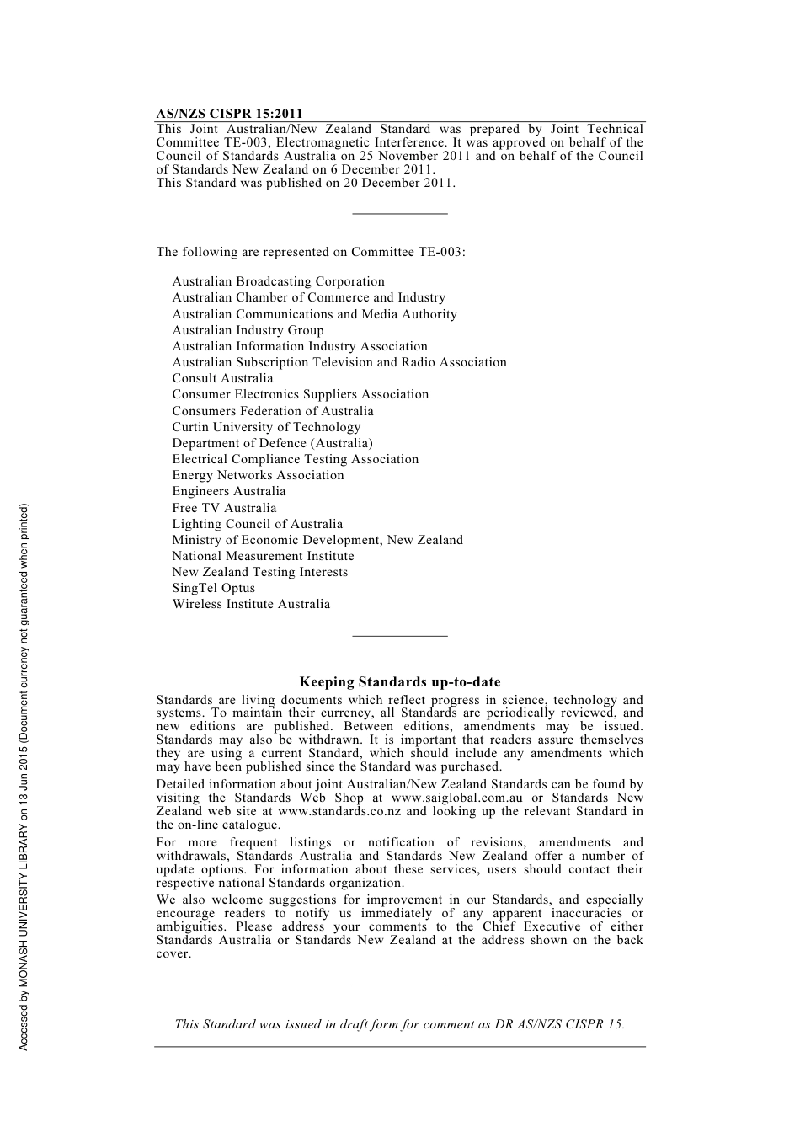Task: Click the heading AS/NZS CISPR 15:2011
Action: tap(229, 114)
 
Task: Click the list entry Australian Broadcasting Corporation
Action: tap(278, 281)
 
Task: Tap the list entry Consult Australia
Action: tap(222, 378)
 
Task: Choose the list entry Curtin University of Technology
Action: tap(266, 427)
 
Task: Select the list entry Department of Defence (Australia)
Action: tap(272, 443)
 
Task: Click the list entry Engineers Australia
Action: tap(229, 491)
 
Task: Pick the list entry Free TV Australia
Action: tap(224, 508)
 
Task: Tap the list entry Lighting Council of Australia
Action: tap(257, 524)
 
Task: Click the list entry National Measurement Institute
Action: tap(263, 556)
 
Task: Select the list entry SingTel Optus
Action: tap(213, 588)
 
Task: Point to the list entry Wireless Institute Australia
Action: tap(251, 604)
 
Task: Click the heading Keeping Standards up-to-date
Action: tap(400, 682)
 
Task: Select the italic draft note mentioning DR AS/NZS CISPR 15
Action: tap(399, 1024)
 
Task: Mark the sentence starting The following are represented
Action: tap(311, 252)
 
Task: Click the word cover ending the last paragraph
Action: tap(173, 953)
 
